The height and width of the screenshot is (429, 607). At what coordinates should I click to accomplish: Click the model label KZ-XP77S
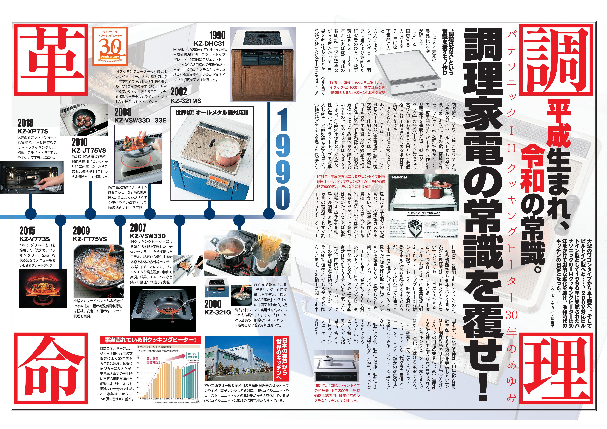(x=33, y=131)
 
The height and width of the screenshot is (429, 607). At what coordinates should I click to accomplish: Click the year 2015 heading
(x=27, y=231)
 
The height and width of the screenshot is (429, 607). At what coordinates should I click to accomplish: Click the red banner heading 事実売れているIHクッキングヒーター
(x=150, y=340)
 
